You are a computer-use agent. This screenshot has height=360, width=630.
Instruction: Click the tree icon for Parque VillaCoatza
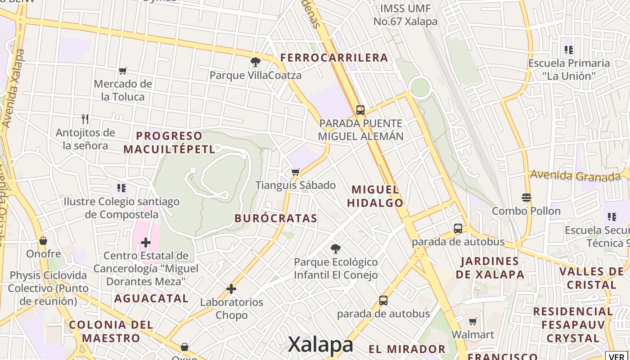click(256, 62)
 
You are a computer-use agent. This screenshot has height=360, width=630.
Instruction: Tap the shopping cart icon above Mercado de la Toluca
click(122, 71)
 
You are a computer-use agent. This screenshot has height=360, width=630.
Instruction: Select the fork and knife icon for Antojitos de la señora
click(85, 119)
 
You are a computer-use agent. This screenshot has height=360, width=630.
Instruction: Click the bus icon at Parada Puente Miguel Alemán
click(360, 110)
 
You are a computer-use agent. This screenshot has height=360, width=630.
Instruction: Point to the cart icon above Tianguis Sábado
click(296, 172)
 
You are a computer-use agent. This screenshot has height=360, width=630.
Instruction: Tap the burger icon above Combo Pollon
click(526, 197)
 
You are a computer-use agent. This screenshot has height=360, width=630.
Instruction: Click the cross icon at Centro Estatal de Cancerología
click(145, 243)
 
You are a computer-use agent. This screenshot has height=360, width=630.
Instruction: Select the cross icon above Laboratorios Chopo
click(231, 288)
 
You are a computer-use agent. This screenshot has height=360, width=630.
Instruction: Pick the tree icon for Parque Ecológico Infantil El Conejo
click(335, 248)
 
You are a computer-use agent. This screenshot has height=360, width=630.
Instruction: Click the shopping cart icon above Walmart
click(472, 321)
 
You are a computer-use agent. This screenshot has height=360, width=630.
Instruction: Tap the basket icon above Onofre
click(43, 241)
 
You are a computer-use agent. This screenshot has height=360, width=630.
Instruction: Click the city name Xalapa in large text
click(320, 345)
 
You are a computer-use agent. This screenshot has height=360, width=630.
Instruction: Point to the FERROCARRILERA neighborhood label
click(334, 58)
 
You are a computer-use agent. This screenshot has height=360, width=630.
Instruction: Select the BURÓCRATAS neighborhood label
click(276, 218)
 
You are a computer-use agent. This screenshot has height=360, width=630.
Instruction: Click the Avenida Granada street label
click(576, 175)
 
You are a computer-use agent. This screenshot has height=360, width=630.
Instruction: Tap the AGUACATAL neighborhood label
click(151, 298)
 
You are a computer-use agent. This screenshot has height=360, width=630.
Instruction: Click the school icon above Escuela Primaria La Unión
click(568, 50)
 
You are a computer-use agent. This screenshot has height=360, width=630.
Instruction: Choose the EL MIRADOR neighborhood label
click(407, 349)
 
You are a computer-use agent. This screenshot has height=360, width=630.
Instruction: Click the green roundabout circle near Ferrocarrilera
click(420, 87)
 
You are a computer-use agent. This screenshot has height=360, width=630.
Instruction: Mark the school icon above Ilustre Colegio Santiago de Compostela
click(121, 188)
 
